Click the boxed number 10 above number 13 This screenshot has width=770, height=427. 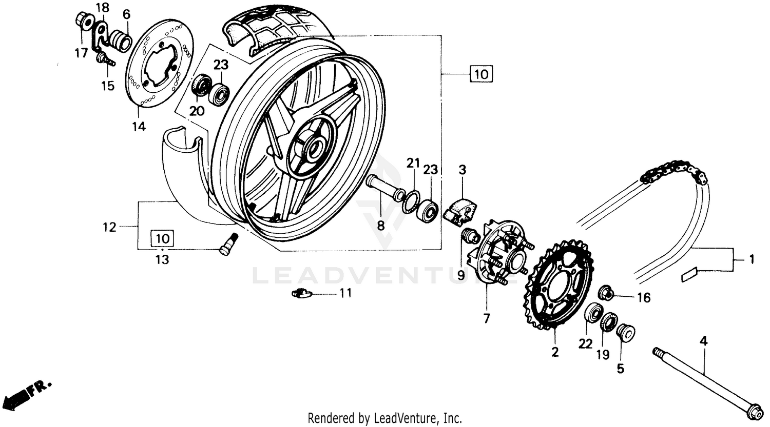(162, 238)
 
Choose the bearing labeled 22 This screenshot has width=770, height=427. (594, 312)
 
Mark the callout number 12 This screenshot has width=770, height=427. (109, 227)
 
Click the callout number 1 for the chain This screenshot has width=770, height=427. (750, 260)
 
